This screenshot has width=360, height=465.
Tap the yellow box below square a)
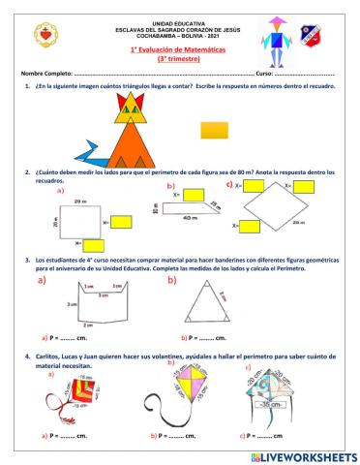[95, 245]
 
